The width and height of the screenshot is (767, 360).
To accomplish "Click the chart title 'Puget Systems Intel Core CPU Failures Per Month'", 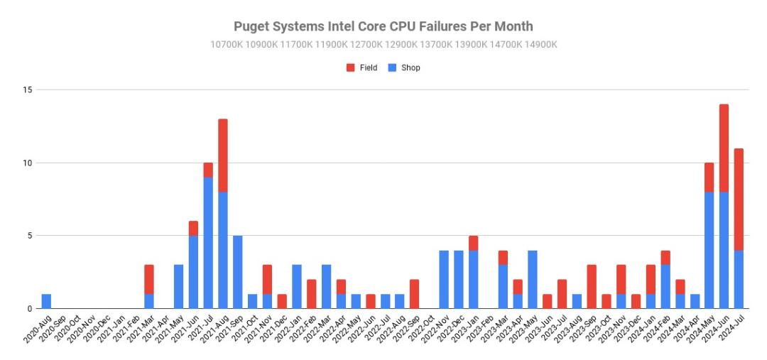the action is [x=383, y=26].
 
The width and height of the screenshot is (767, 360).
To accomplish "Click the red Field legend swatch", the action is [x=350, y=68].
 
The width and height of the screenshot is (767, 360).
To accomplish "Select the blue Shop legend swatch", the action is [x=392, y=68].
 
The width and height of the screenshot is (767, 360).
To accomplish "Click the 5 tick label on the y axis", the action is [x=29, y=236].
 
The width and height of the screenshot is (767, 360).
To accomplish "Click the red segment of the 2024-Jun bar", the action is [x=724, y=148].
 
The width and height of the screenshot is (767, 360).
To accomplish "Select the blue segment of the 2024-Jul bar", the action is [x=739, y=279].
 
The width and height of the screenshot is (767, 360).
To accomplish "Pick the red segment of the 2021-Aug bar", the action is [x=223, y=156].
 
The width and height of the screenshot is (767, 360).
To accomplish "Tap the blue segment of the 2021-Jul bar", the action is [x=208, y=243].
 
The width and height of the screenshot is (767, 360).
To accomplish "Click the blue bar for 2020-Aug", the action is [x=46, y=301].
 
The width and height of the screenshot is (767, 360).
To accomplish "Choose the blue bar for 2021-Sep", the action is [x=238, y=272].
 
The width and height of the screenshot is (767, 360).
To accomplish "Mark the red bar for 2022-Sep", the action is [x=415, y=294].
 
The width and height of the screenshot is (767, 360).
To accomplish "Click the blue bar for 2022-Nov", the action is [x=444, y=279].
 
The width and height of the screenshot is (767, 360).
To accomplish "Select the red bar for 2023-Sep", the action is [x=592, y=287].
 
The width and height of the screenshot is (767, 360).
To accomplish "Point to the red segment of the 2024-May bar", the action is [x=709, y=178].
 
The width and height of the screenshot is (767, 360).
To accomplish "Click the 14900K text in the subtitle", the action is [x=540, y=45].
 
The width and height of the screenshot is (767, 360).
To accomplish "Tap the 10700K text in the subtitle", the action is [x=227, y=45].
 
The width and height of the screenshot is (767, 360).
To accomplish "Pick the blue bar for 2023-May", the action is [x=533, y=279].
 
